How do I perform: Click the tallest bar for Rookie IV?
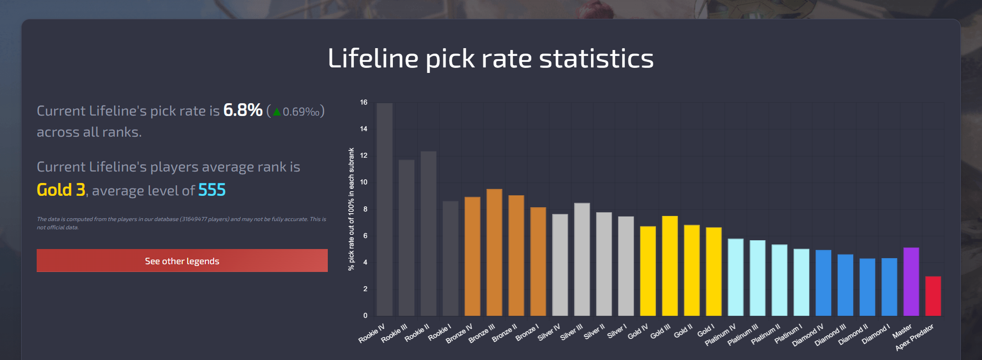click(384, 209)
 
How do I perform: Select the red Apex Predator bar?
click(933, 296)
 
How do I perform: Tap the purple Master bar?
click(911, 282)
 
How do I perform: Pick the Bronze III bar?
click(494, 252)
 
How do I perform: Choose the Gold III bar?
click(670, 266)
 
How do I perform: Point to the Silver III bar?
click(582, 259)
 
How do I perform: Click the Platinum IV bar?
click(735, 277)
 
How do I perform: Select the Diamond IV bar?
click(823, 282)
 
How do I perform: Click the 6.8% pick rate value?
click(243, 111)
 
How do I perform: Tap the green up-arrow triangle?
click(276, 112)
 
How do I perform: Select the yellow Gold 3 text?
click(61, 190)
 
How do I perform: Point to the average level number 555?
click(212, 190)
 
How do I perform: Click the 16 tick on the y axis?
click(364, 102)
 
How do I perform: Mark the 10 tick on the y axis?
click(364, 182)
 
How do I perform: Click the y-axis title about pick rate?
click(351, 209)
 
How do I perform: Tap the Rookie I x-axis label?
click(440, 333)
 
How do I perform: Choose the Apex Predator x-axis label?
click(914, 338)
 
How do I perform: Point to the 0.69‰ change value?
click(301, 112)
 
